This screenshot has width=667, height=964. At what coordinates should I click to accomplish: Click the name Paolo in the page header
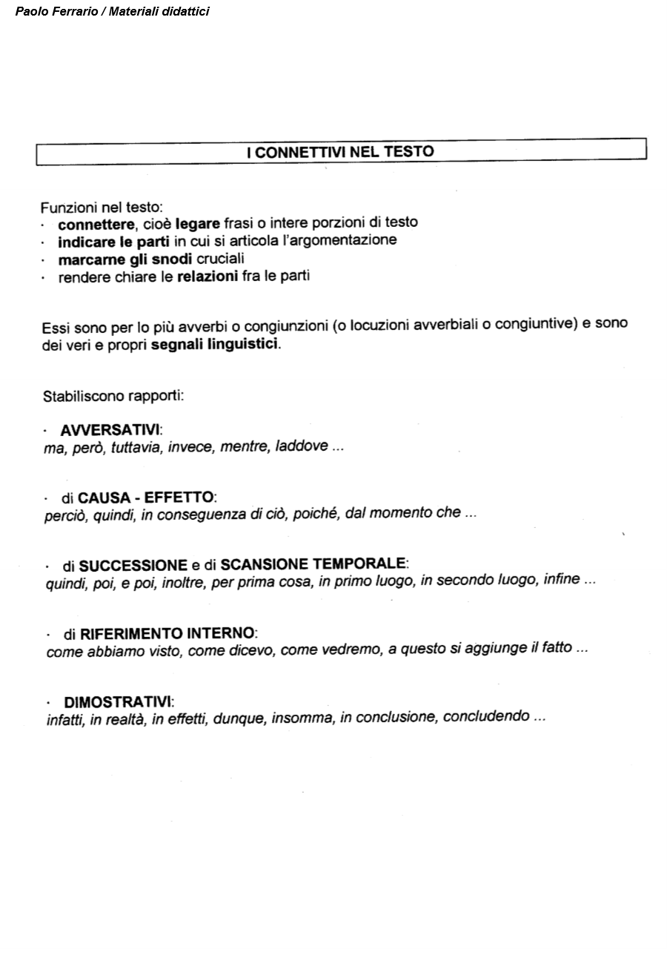[x=30, y=11]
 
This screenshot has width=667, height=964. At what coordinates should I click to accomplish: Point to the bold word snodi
[x=172, y=259]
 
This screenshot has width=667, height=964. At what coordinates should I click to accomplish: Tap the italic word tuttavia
[x=136, y=448]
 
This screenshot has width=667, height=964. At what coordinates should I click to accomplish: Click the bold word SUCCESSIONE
[x=133, y=566]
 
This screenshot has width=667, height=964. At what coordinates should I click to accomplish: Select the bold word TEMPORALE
[x=359, y=564]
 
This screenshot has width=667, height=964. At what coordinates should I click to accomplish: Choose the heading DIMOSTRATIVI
[x=118, y=701]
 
